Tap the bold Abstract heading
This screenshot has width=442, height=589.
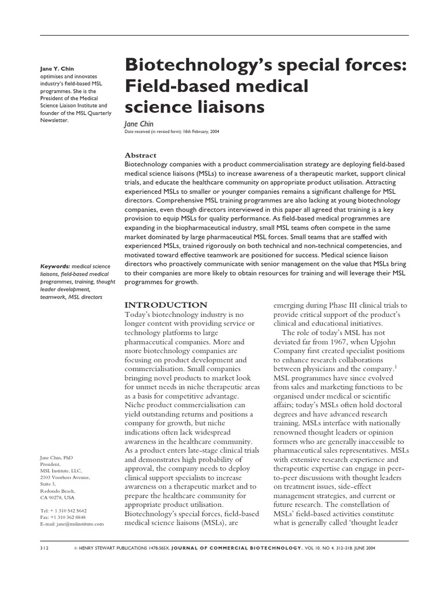[141, 155]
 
